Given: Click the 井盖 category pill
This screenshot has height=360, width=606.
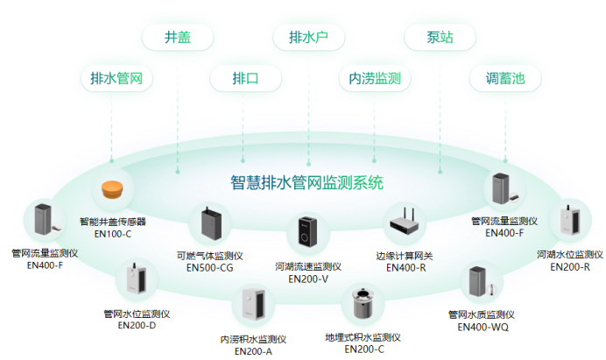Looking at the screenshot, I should [x=178, y=38].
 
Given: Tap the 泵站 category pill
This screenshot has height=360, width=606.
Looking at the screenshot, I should [x=440, y=38].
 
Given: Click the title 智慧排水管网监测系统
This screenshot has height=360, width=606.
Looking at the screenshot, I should [x=307, y=183].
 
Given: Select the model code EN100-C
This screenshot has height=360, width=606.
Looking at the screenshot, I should [x=112, y=234].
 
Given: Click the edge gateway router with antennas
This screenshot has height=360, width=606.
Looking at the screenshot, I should [x=405, y=223].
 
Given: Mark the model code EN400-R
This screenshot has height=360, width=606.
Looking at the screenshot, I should [x=405, y=267].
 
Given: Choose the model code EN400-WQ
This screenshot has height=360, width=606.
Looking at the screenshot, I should [x=482, y=327].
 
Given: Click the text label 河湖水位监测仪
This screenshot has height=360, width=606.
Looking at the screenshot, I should [x=569, y=255].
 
